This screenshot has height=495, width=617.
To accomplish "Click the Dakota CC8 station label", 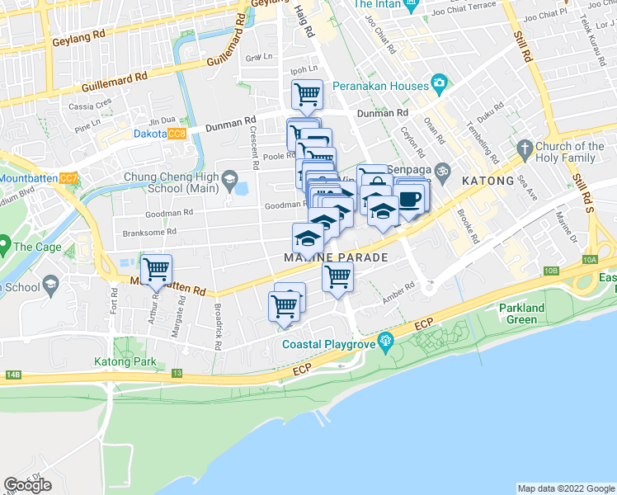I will tap(160, 134).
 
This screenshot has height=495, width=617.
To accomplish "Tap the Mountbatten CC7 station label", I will tap(39, 178).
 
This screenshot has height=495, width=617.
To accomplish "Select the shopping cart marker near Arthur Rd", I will tap(156, 268).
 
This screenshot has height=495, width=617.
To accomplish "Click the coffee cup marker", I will tap(410, 199).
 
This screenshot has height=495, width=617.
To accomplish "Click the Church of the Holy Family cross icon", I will tap(523, 148).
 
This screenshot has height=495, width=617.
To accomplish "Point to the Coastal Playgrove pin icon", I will tap(384, 341).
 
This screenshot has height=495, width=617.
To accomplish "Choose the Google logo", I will tap(27, 485).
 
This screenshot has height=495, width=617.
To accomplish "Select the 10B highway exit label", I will tap(551, 271).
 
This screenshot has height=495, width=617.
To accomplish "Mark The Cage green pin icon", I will tap(5, 246).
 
